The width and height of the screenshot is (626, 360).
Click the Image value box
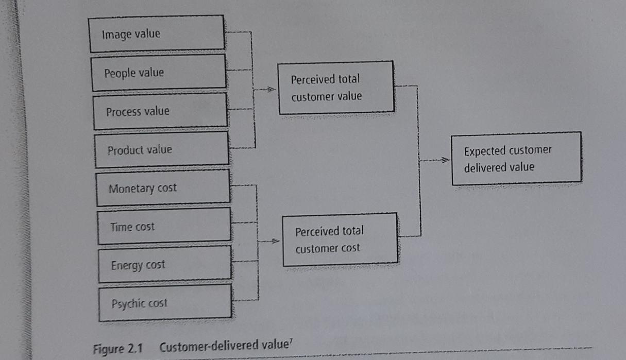coord(157,33)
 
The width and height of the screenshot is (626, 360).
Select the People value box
coord(159,72)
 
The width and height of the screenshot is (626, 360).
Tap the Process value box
coord(160,111)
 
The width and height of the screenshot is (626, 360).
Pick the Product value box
coord(162,149)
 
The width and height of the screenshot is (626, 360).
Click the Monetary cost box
coord(163,187)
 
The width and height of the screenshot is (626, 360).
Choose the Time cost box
coord(164,226)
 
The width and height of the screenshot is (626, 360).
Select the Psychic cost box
coord(165,303)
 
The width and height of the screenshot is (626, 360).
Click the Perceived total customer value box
coord(336,88)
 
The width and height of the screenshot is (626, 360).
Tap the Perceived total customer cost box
coord(340,239)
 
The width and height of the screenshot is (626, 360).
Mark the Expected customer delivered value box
coord(516,159)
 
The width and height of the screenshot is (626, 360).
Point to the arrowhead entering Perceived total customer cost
coord(275,241)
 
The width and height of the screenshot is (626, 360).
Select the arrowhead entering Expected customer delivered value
coord(445,161)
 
